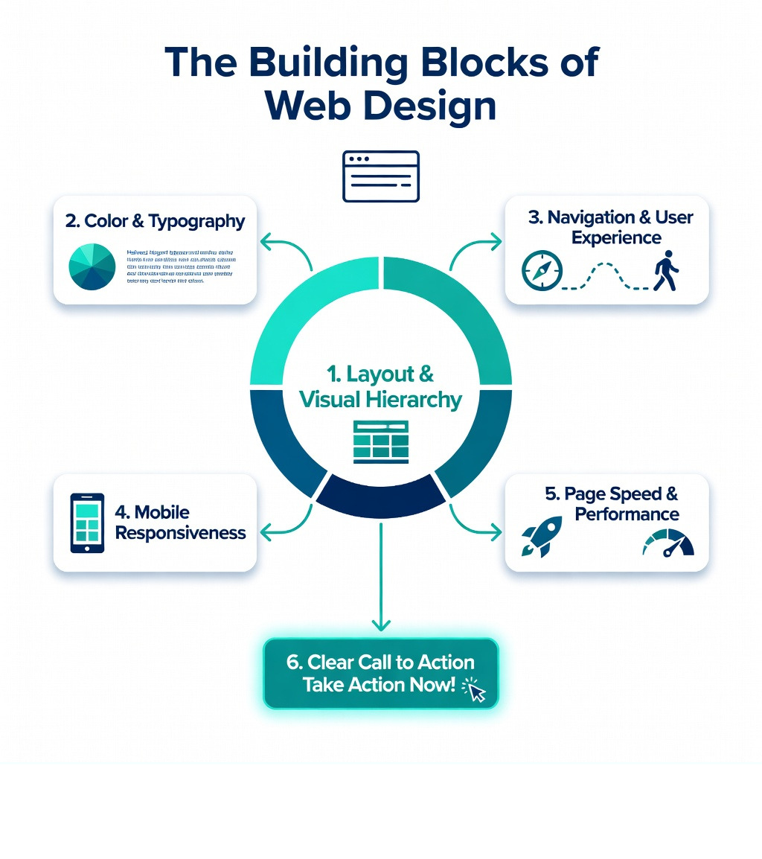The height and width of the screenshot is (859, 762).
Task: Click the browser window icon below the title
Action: pos(381,176)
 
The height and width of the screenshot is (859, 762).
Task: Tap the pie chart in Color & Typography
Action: pos(92,266)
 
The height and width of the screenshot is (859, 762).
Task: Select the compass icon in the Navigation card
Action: pos(542,269)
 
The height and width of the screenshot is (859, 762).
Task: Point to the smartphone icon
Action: pos(87,523)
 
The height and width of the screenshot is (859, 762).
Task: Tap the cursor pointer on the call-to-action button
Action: pos(474,691)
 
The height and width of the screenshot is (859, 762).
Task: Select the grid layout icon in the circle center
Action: pos(380,441)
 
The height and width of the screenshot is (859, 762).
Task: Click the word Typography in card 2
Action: pos(196,221)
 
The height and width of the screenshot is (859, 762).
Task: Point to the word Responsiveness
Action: pos(181,533)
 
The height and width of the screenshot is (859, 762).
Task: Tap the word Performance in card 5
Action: pos(627,514)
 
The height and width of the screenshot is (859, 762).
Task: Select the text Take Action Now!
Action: pos(378,685)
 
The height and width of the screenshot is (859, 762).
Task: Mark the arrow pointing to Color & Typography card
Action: pos(283,246)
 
